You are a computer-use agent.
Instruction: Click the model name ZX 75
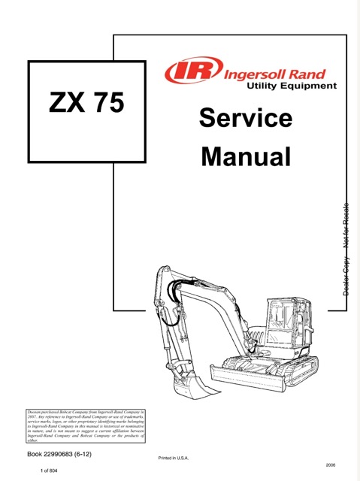pyautogui.click(x=86, y=102)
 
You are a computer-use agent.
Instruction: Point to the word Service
pyautogui.click(x=246, y=118)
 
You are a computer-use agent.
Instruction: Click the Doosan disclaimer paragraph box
pyautogui.click(x=85, y=426)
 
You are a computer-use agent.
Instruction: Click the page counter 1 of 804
pyautogui.click(x=53, y=470)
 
